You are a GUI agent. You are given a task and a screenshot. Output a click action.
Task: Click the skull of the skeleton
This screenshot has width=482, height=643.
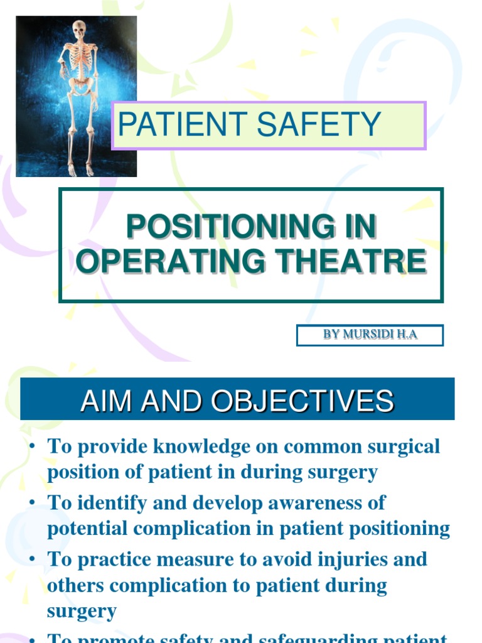(79, 29)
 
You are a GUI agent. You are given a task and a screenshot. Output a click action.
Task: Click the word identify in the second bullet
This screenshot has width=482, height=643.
(103, 502)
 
